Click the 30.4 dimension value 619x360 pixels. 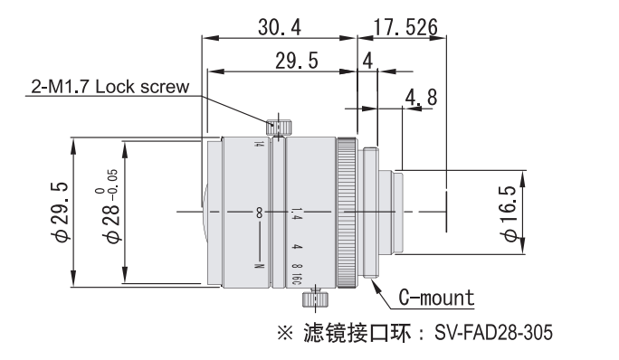point(280,28)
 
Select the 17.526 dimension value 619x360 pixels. point(405,28)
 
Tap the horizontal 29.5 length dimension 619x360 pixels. point(297,62)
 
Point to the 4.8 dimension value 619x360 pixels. point(421,97)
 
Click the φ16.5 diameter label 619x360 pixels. point(509,213)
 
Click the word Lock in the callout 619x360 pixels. point(116,87)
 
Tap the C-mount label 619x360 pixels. point(436,298)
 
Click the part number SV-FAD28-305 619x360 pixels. point(493,332)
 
